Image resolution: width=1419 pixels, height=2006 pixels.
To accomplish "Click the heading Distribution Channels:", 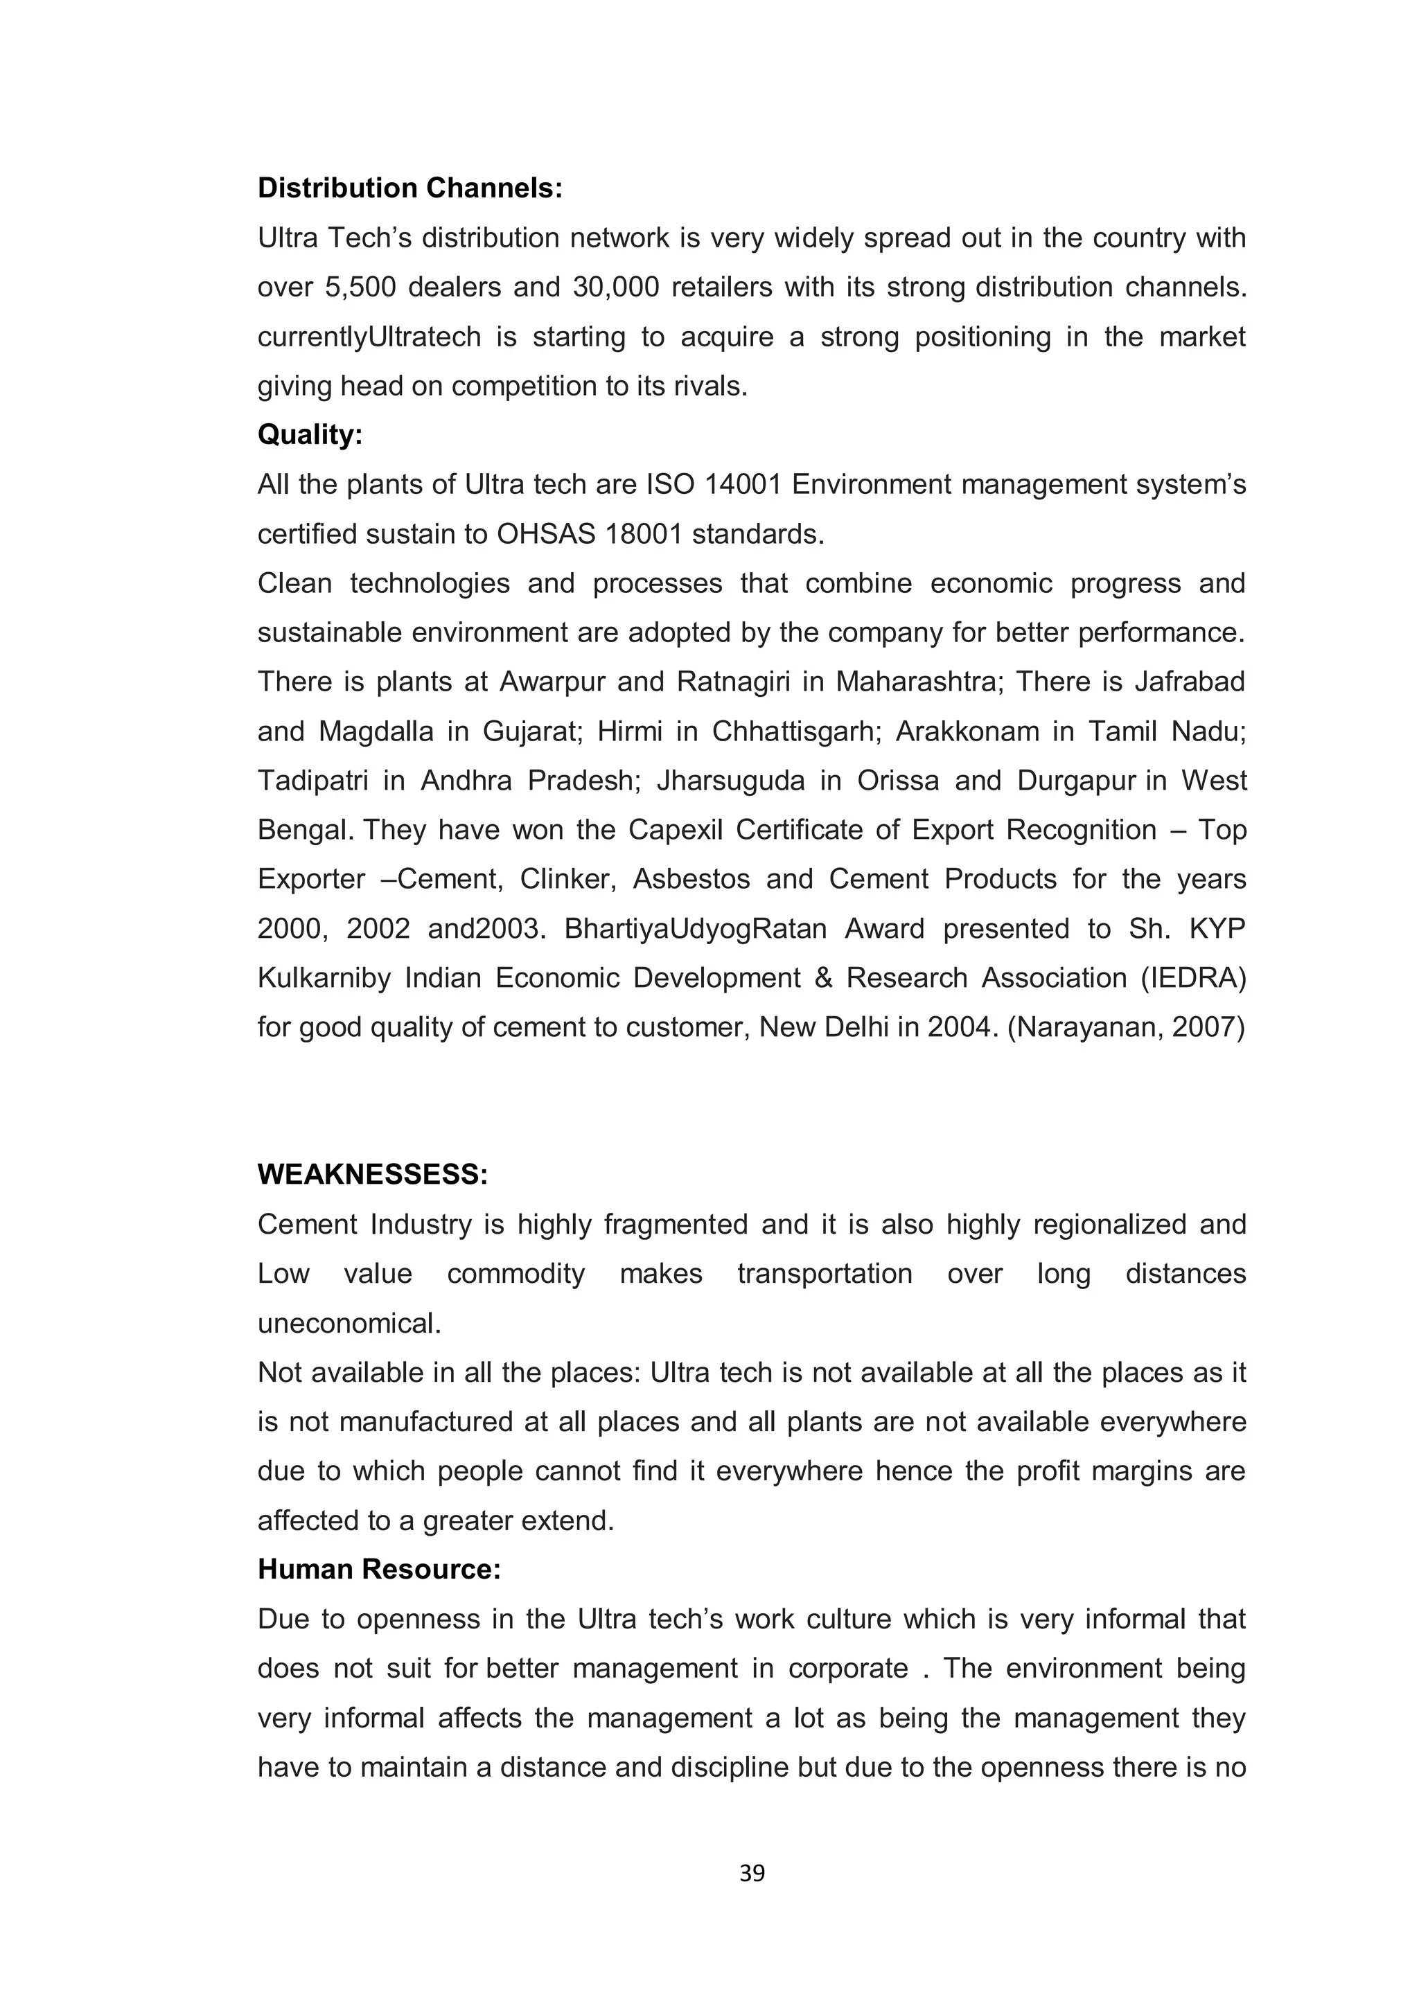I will pos(409,188).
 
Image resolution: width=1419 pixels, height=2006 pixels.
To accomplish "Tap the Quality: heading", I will pos(309,434).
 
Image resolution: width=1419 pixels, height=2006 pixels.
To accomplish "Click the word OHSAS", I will pos(546,534).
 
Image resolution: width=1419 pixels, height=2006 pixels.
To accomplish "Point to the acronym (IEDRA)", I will pos(1192,977).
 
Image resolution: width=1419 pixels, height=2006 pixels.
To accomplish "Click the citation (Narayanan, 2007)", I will pos(1127,1027).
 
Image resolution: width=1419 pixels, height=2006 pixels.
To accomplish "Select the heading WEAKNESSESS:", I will pos(372,1175).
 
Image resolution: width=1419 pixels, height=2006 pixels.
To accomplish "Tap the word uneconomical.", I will pos(349,1324).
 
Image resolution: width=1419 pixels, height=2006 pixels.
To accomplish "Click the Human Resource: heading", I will pos(379,1570).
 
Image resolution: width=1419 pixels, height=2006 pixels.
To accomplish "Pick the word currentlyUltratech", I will pos(369,337).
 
